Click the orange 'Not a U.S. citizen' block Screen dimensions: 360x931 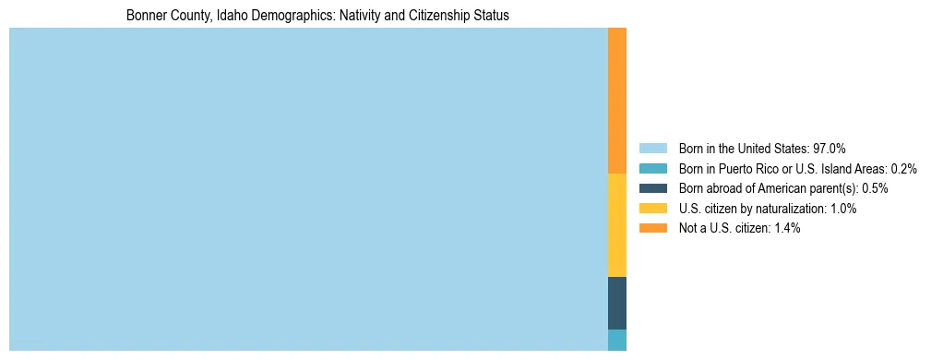tap(617, 100)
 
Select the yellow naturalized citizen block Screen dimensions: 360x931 tap(617, 224)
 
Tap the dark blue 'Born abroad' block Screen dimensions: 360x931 tap(617, 303)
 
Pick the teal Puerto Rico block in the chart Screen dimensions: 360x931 tap(617, 340)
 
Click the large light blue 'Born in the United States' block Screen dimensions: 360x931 tap(308, 189)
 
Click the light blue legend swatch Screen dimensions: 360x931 tap(652, 149)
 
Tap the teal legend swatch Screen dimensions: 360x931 tap(652, 169)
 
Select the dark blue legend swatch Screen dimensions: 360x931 tap(652, 188)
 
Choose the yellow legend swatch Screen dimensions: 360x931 tap(652, 209)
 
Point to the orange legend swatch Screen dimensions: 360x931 tap(652, 228)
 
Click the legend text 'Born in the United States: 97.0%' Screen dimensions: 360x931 tap(762, 149)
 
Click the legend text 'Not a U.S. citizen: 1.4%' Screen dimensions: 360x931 tap(739, 228)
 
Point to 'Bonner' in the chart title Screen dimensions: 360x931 tap(146, 16)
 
